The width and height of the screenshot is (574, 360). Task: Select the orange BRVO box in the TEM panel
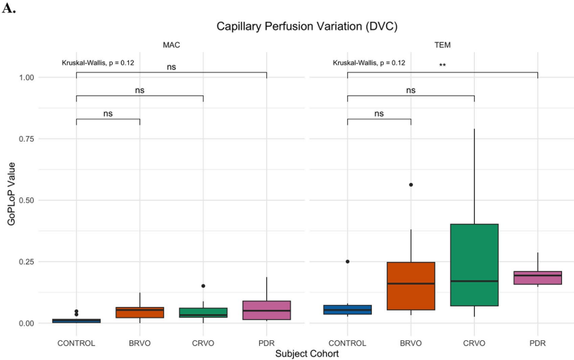pos(411,285)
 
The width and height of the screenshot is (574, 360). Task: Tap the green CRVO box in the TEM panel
pos(474,265)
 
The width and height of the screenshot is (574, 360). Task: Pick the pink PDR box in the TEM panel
pos(537,278)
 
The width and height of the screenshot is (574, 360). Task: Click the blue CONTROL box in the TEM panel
pos(347,309)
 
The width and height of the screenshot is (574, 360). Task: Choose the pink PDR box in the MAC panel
pos(266,310)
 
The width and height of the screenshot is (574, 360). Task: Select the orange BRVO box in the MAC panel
pos(139,312)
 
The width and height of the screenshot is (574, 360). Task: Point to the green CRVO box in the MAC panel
pos(203,312)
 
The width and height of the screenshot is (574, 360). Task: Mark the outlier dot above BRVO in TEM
pos(411,185)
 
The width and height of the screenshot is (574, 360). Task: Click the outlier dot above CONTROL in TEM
pos(347,261)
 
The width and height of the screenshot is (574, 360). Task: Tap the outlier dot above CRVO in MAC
pos(203,286)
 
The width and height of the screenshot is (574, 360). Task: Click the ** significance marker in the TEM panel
pos(442,66)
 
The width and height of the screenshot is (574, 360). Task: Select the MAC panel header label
pos(171,45)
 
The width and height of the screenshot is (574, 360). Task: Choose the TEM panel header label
pos(442,45)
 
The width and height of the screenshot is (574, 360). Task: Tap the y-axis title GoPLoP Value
pos(11,199)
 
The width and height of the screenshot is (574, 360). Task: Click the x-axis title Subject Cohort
pos(306,354)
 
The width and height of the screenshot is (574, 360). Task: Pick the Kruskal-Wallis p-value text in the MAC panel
pos(98,63)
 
